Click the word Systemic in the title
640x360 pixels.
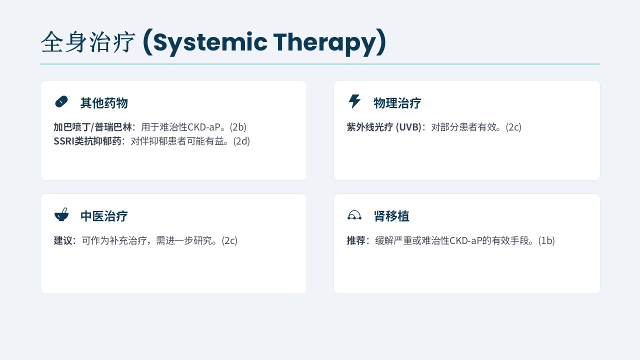pos(210,43)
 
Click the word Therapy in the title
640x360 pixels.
pos(324,43)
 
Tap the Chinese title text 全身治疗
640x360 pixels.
pos(88,42)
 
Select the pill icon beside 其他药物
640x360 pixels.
pos(61,101)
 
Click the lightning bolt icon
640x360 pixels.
pos(354,101)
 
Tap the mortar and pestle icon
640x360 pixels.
pos(61,215)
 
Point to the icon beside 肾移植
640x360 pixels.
pos(354,215)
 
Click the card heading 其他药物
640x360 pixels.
pos(104,103)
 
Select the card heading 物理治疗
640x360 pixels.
pos(397,103)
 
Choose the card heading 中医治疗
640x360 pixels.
pos(104,216)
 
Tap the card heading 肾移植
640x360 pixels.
pos(391,216)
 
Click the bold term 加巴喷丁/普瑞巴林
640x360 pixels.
pos(93,127)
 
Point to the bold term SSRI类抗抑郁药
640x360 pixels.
pos(87,141)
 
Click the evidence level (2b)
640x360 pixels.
pos(238,127)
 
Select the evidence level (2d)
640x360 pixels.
pos(241,141)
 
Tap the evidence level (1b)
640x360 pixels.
pos(546,240)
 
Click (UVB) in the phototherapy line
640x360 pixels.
pos(408,127)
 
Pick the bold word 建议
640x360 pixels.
pos(63,240)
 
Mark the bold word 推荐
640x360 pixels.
pos(356,240)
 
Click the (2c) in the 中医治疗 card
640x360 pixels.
pos(229,240)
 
